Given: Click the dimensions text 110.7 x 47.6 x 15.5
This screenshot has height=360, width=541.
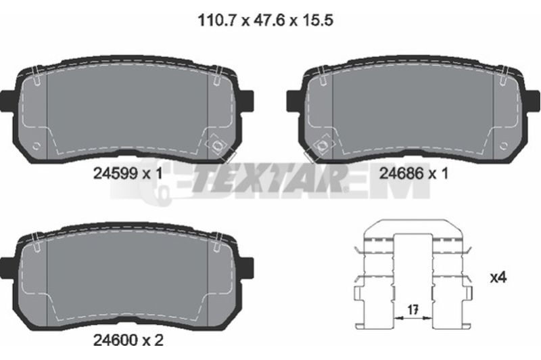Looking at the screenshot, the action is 265,20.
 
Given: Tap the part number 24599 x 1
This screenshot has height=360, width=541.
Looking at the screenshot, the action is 128,174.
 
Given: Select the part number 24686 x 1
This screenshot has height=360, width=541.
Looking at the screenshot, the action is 414,173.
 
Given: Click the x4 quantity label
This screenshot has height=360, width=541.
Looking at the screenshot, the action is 498,277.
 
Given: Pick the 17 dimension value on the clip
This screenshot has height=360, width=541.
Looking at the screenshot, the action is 413,310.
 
